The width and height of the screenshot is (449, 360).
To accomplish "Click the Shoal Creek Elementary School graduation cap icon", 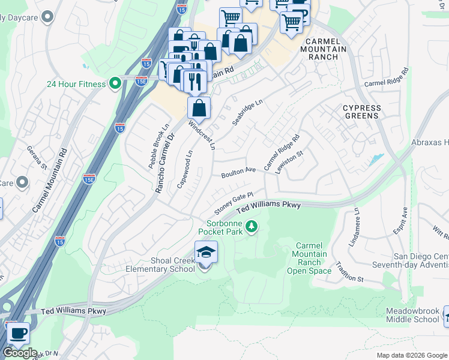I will pyautogui.click(x=206, y=253).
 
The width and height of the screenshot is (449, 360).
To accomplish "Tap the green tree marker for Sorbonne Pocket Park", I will pyautogui.click(x=253, y=226).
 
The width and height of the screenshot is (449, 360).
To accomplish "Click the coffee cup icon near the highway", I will pyautogui.click(x=17, y=332).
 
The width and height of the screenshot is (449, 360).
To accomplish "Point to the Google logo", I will pyautogui.click(x=20, y=353).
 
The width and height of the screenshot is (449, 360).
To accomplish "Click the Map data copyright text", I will pyautogui.click(x=412, y=355).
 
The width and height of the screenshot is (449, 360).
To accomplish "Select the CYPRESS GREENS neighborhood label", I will pyautogui.click(x=361, y=113).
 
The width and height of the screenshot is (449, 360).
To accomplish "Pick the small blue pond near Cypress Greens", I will pyautogui.click(x=377, y=160).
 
